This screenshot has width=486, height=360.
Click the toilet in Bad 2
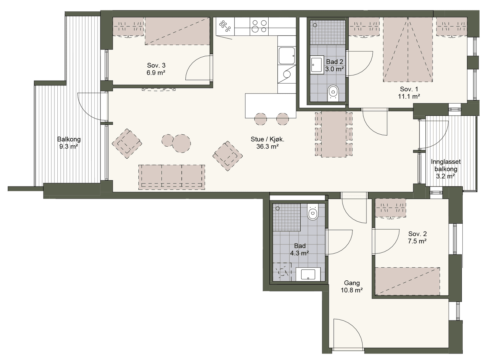[x=333, y=93]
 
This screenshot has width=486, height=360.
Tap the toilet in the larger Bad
[x=313, y=212]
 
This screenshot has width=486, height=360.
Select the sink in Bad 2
[x=317, y=65]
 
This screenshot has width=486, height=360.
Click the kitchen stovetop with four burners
[x=259, y=26]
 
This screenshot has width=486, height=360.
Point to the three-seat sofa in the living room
[x=172, y=177]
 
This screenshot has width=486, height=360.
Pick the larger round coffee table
[x=181, y=143]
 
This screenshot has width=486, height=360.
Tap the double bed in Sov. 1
[x=408, y=50]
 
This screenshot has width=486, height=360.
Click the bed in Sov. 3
[x=177, y=31]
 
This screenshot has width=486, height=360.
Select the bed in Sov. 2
[x=407, y=281]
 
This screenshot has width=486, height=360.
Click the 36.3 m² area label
[x=267, y=146]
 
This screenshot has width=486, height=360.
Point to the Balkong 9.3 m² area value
[x=69, y=146]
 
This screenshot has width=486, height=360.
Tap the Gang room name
[x=352, y=283]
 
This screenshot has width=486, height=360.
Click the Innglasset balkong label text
[x=446, y=165]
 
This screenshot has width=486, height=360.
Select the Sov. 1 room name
[x=409, y=89]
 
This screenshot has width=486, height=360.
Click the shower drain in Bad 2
[x=315, y=25]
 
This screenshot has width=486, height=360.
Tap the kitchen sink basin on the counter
[x=287, y=56]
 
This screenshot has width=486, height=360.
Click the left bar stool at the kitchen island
[x=260, y=119]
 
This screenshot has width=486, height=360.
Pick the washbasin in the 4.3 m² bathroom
[x=308, y=274]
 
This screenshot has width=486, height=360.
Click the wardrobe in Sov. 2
[x=390, y=208]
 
